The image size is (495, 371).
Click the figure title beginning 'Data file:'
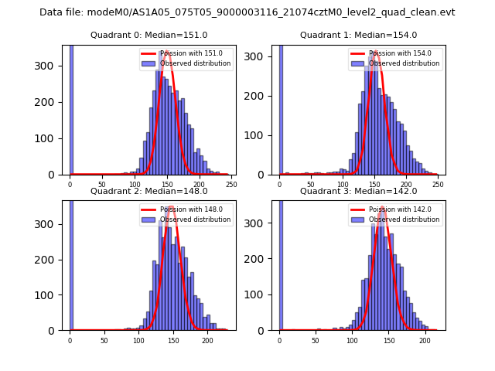click(x=247, y=12)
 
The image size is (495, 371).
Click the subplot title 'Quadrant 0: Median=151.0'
click(x=148, y=35)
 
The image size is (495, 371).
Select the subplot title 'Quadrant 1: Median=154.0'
click(x=358, y=35)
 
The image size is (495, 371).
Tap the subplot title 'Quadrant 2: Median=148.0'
click(x=148, y=191)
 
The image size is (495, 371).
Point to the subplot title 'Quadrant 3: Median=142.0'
click(x=358, y=191)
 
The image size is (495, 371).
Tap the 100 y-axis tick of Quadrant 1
click(x=260, y=135)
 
